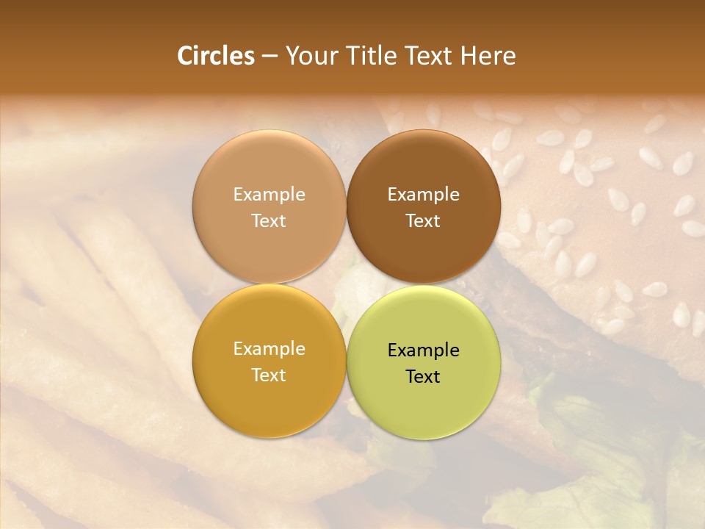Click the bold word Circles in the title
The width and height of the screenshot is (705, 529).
[215, 56]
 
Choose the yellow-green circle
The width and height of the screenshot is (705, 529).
[424, 397]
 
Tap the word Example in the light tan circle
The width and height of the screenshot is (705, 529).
[269, 195]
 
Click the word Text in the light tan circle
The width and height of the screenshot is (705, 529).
[269, 221]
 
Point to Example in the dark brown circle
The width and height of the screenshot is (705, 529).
[424, 195]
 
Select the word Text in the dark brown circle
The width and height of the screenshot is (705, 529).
[424, 221]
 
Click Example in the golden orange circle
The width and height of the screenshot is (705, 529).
[269, 349]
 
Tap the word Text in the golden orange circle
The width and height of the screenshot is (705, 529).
[269, 375]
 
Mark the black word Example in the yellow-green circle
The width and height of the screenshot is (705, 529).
[424, 350]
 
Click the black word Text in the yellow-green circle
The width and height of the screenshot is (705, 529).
[424, 377]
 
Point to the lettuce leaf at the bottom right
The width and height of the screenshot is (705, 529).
[587, 470]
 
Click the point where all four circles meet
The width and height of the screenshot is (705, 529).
[346, 284]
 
